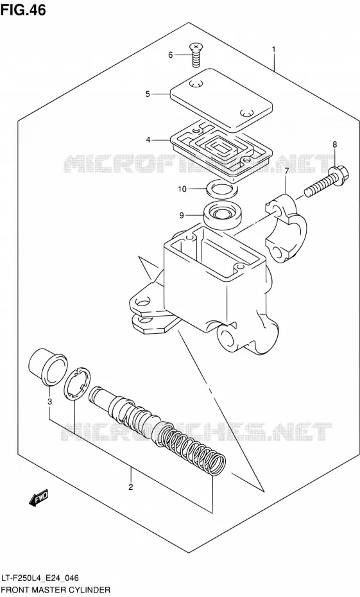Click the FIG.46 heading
tap(23, 10)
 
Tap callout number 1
tap(273, 49)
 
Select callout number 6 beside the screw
tap(171, 55)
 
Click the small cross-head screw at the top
tap(196, 55)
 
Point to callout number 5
tap(148, 94)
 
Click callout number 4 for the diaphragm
tap(148, 140)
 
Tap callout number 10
tap(182, 189)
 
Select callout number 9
tap(182, 216)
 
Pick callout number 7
tap(287, 170)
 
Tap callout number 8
tap(334, 144)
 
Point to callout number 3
tap(49, 401)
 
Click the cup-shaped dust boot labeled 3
tap(47, 367)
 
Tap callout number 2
tap(130, 487)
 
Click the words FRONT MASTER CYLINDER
tap(56, 590)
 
